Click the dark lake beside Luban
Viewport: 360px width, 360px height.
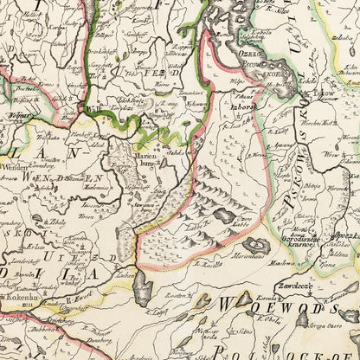coord(143,288)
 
